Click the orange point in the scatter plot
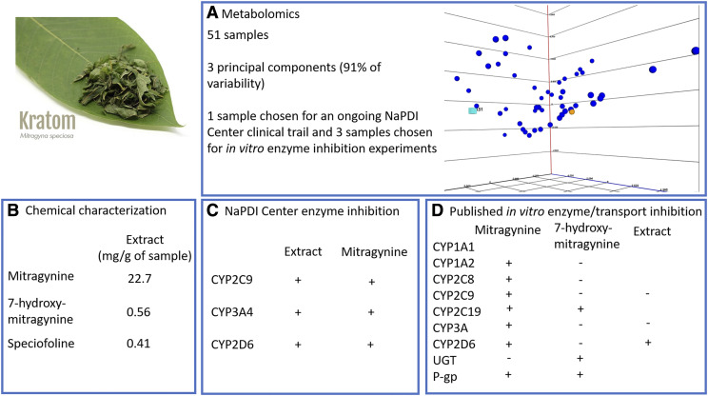[572, 111]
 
